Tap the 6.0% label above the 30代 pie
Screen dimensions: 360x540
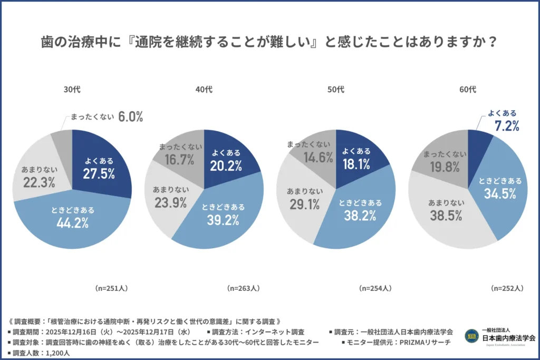point(130,117)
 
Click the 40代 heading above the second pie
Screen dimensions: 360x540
point(204,90)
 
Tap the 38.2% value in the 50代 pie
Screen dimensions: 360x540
point(360,215)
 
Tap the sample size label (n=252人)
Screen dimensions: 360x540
point(507,288)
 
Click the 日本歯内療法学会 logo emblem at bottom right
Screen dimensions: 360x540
point(471,336)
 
